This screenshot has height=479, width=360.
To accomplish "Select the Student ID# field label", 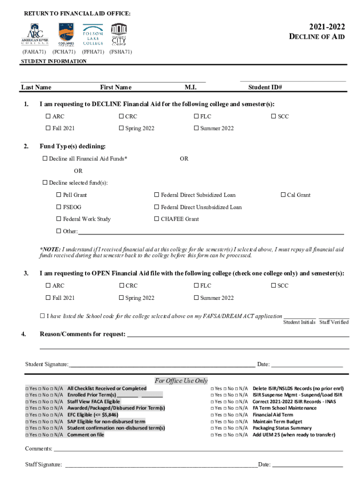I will (265, 87).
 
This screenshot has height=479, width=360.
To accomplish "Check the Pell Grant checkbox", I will (59, 195).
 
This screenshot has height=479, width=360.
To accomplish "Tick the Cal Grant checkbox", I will (283, 195).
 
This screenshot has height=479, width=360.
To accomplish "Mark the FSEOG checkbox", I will (59, 207).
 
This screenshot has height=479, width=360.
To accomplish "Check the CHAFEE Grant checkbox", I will (157, 219).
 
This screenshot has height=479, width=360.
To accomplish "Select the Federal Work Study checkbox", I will (59, 219).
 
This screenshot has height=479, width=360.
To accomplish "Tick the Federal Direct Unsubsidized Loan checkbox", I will (157, 207).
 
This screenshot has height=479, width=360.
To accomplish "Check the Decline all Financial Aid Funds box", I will (45, 159).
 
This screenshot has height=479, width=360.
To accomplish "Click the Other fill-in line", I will (210, 232).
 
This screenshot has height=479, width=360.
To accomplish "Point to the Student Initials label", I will (299, 322).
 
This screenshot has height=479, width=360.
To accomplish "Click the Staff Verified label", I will (334, 322).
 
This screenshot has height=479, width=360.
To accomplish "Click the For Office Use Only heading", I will (181, 381).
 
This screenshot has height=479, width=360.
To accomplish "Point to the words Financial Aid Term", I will (273, 415).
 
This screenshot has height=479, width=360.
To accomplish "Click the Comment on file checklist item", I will (86, 435).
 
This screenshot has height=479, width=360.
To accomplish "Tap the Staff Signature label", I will (43, 464).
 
